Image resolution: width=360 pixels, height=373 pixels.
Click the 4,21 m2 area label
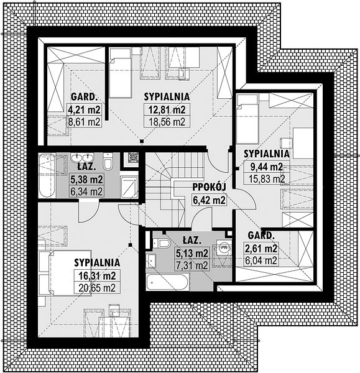[x=85, y=109]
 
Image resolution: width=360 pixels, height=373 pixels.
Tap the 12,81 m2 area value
[x=167, y=109]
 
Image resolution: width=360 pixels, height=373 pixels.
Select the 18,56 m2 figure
[x=167, y=122]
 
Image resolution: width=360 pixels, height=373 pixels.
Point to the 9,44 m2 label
[x=267, y=167]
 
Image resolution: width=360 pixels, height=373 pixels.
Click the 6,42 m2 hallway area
[x=209, y=200]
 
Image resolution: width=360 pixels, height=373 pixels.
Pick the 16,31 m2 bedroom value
[x=97, y=276]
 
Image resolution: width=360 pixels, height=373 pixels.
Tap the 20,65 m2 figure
[x=97, y=288]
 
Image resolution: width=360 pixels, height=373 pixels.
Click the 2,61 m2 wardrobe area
[x=261, y=249]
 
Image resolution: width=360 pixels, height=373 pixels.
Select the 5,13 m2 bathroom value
[x=192, y=254]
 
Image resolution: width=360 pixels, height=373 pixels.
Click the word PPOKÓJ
[x=209, y=187]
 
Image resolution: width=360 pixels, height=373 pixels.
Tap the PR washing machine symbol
[x=224, y=247]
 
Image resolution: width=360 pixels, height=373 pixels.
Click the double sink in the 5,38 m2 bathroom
[x=82, y=157]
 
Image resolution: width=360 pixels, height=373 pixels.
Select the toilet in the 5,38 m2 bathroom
[x=108, y=162]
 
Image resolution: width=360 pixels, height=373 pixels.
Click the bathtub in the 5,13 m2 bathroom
[x=168, y=282]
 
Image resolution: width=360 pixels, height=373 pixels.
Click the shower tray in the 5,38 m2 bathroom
[x=129, y=187]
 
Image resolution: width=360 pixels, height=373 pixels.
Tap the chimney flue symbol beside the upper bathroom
[x=132, y=157]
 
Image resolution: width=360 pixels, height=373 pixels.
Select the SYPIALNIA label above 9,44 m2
[x=267, y=154]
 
